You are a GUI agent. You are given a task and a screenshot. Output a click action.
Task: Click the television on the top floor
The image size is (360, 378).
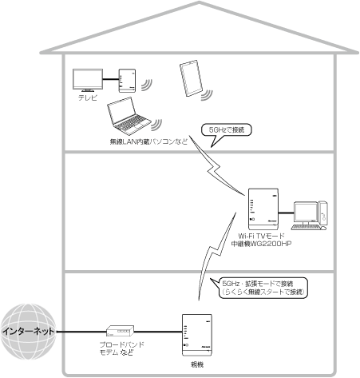pyautogui.click(x=87, y=80)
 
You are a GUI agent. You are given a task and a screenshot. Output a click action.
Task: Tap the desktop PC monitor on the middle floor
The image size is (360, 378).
pyautogui.click(x=305, y=212)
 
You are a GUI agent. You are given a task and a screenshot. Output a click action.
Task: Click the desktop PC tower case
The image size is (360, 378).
pyautogui.click(x=325, y=215)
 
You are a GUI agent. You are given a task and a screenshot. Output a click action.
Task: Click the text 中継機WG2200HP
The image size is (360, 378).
pyautogui.click(x=265, y=245)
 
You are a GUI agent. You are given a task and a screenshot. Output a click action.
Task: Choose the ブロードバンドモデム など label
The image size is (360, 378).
pyautogui.click(x=112, y=352)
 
